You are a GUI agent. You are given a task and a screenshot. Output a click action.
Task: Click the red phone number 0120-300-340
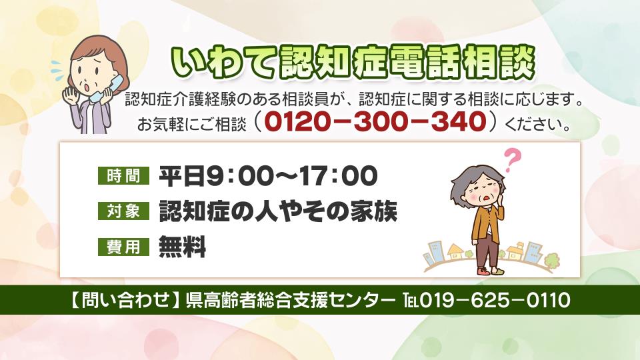(x=375, y=122)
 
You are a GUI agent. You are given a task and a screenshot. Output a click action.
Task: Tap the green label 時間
(x=124, y=176)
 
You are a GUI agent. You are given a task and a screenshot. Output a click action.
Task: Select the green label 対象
(x=124, y=211)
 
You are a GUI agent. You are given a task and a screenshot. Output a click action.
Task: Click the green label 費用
(x=124, y=247)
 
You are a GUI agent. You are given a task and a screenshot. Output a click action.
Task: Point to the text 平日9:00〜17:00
(x=268, y=176)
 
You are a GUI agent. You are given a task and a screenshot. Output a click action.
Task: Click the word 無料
(x=183, y=247)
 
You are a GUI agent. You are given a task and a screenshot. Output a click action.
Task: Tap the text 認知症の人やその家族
(x=278, y=211)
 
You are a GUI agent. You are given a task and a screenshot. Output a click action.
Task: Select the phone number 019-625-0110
(x=494, y=301)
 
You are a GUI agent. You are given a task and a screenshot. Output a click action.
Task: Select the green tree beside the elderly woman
(x=551, y=261)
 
